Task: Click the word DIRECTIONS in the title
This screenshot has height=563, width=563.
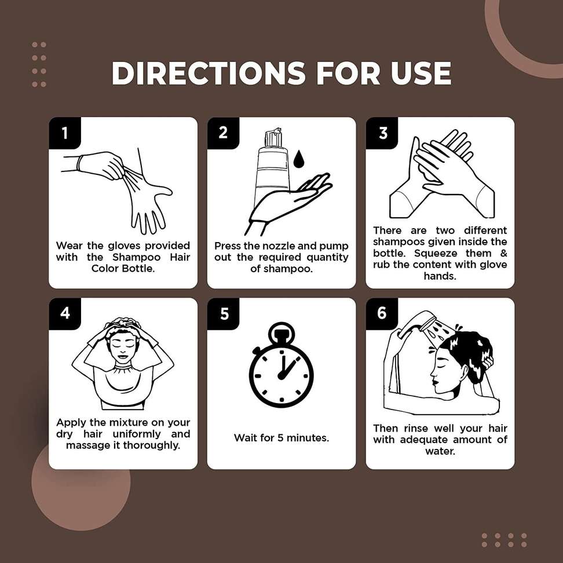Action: click(x=209, y=73)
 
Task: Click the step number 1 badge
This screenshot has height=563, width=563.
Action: click(x=65, y=133)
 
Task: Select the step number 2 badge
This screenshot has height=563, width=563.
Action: click(x=223, y=133)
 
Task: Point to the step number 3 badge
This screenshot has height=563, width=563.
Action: click(x=382, y=133)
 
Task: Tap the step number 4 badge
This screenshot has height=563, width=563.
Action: click(x=65, y=313)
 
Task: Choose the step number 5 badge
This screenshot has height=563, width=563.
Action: click(x=223, y=313)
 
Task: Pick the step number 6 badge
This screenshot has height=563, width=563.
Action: click(x=382, y=313)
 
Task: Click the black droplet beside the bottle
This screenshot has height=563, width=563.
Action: click(x=298, y=159)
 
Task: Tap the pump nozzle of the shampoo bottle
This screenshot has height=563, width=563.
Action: click(x=273, y=137)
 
